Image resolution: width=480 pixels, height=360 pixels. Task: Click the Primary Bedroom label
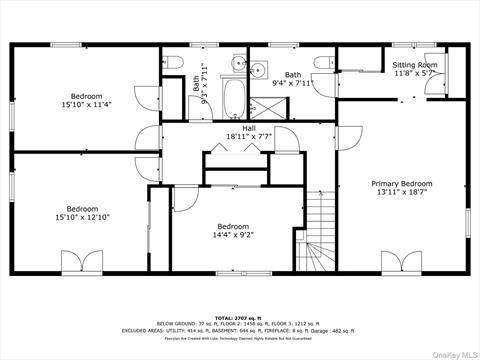(x=402, y=184)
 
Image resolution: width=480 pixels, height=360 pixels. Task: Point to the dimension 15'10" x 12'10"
(x=82, y=217)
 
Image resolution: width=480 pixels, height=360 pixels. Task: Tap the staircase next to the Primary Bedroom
(x=320, y=235)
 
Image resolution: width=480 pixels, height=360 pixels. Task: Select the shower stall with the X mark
(x=256, y=70)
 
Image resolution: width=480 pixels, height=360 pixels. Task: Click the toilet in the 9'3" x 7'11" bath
(x=174, y=64)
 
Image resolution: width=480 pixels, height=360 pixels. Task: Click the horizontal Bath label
(x=292, y=74)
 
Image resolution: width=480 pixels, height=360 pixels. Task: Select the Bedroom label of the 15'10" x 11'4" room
(x=86, y=96)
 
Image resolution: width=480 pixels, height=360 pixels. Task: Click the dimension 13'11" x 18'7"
(x=402, y=192)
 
